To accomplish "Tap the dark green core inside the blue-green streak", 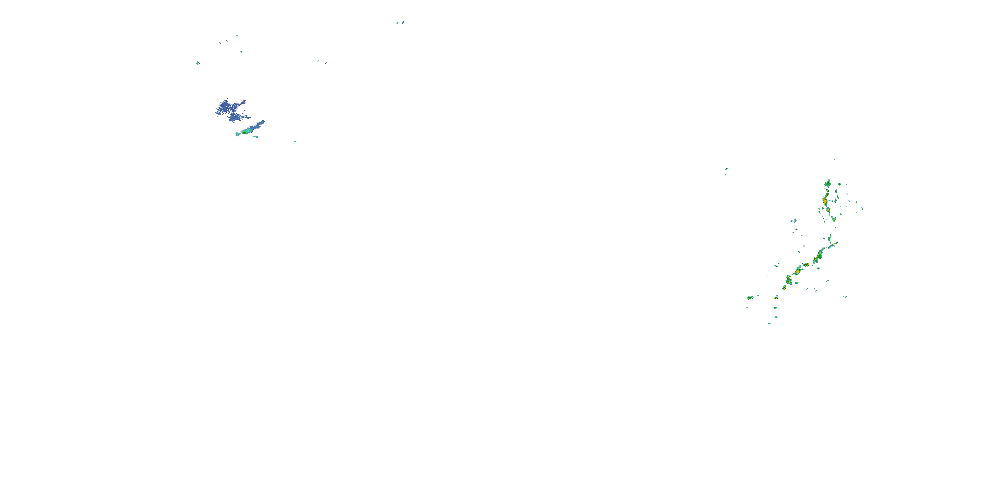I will pos(244,132).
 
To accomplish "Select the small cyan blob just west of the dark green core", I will pos(237,134).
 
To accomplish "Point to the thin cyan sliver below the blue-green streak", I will pos(255,137).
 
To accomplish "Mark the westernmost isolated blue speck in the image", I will pos(198,63).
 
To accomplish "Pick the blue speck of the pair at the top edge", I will pos(403,22).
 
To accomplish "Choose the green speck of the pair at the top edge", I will pos(397,23).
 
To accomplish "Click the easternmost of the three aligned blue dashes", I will pos(326,63).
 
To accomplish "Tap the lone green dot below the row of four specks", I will pos(241,51).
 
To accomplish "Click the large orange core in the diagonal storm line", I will pos(798,271).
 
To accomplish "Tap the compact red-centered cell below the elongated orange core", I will pos(828,210).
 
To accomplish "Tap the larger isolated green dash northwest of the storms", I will pos(726,168).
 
